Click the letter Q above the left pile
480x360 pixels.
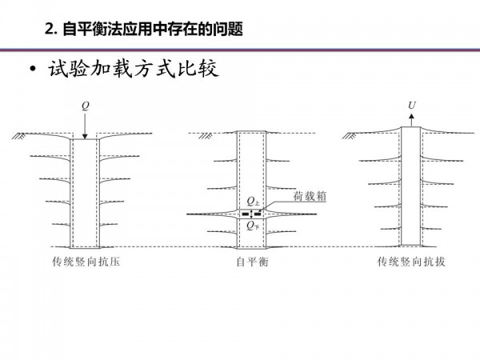86,106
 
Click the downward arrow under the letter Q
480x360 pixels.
85,126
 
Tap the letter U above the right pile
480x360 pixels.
412,106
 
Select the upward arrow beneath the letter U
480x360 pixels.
412,120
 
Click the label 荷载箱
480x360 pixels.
310,196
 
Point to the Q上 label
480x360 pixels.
253,201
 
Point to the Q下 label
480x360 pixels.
253,226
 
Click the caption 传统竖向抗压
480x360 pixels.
86,262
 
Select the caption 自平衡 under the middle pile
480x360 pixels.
252,262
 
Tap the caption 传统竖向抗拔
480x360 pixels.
411,262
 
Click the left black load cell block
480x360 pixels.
246,214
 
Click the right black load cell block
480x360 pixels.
258,214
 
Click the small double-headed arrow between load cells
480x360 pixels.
252,214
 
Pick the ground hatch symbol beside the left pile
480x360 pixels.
19,136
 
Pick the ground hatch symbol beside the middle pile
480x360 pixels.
206,136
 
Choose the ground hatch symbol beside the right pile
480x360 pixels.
350,136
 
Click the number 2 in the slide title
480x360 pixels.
49,30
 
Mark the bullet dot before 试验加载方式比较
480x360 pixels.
33,70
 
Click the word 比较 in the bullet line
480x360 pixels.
198,68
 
